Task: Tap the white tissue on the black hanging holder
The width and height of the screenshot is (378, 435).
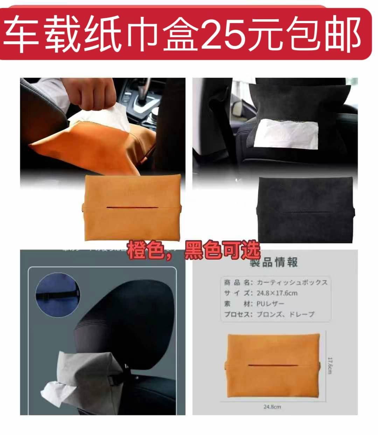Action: (286, 133)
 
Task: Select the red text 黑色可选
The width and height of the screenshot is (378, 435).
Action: (223, 250)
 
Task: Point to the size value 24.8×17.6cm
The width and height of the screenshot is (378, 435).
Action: (277, 293)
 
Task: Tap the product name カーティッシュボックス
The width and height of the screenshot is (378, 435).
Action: (292, 282)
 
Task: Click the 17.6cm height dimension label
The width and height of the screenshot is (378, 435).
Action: (330, 365)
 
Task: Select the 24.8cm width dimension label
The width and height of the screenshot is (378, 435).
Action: (272, 407)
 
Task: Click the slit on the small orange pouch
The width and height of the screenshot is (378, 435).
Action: (273, 365)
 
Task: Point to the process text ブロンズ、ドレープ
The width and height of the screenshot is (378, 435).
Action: (286, 314)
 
